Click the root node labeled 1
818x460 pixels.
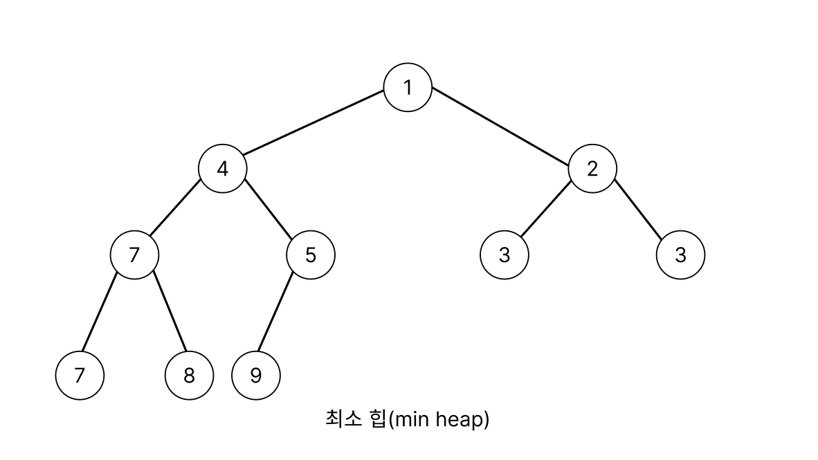point(408,87)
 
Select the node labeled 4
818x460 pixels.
point(222,168)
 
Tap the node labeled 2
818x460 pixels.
point(592,168)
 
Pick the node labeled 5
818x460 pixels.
point(310,255)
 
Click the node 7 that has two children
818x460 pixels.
point(134,255)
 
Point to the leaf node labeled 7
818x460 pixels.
point(80,376)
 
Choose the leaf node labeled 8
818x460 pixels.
point(189,376)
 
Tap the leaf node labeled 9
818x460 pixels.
point(255,376)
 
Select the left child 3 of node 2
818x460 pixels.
point(504,255)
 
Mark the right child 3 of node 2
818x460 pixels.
point(680,255)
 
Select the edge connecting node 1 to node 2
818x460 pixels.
point(500,127)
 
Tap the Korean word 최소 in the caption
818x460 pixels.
point(340,418)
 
